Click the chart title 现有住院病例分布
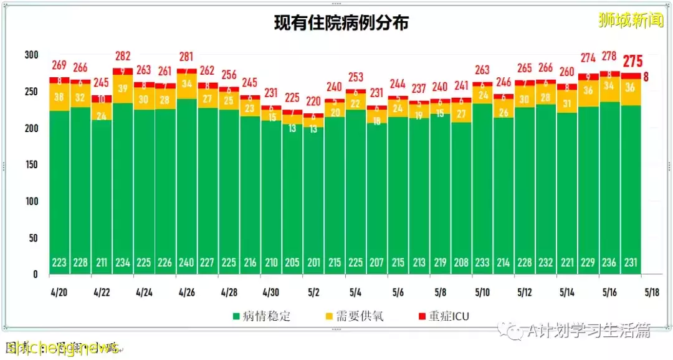point(341,23)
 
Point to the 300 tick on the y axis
point(31,55)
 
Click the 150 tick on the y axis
point(31,165)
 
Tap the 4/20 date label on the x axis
point(60,291)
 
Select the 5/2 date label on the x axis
point(313,291)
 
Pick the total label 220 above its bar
point(313,102)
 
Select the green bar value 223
point(60,263)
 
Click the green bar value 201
point(313,263)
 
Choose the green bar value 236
point(610,263)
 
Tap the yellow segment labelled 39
point(123,88)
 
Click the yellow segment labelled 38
point(60,97)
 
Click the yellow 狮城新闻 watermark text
point(631,21)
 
